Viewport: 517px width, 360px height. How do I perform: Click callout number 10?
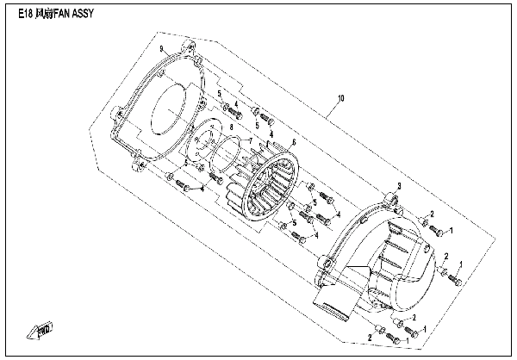click(x=341, y=98)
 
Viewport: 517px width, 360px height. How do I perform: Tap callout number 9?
click(x=162, y=49)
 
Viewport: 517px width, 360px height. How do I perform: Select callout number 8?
click(x=231, y=127)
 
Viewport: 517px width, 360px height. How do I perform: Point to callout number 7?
click(x=251, y=141)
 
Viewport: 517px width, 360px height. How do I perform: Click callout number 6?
click(x=294, y=142)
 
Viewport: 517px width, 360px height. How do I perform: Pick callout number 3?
click(x=399, y=186)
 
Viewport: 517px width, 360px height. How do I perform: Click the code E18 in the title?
click(x=25, y=14)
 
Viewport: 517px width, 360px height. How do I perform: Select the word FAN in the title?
click(x=61, y=14)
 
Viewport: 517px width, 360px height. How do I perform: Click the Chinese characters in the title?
click(x=43, y=14)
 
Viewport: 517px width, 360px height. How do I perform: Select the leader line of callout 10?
click(x=333, y=109)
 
